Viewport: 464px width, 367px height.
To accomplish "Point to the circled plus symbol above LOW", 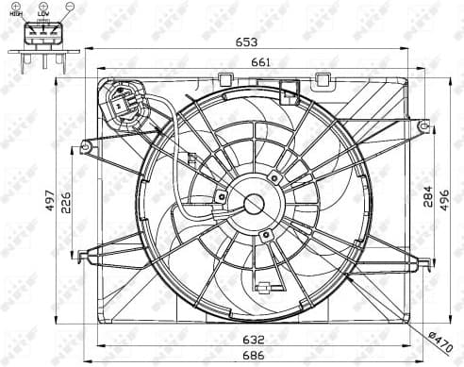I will tap(41, 8).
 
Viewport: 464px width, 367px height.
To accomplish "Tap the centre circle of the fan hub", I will tap(254, 203).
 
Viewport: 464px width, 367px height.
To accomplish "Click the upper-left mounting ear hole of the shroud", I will tap(87, 146).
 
